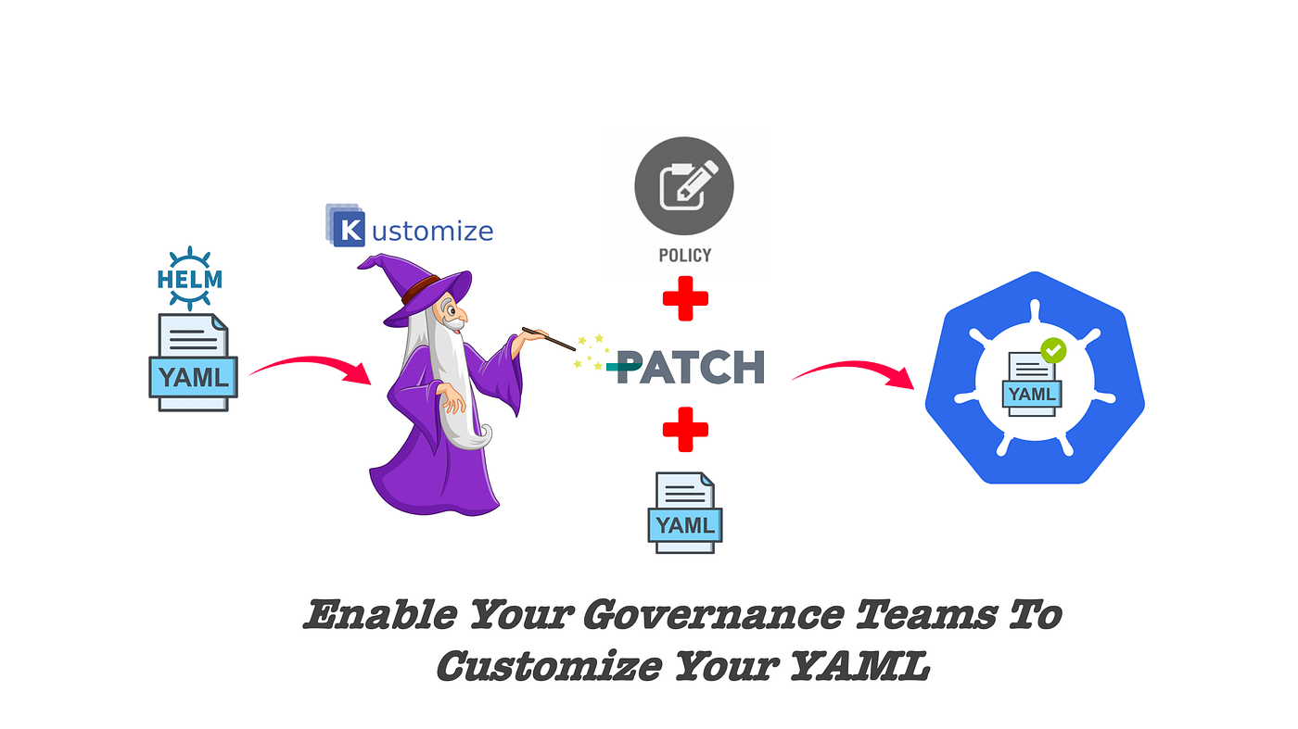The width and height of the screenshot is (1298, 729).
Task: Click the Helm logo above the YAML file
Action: [x=190, y=278]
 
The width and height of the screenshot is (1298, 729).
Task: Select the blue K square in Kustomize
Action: [x=348, y=230]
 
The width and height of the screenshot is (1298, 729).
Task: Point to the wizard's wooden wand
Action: [x=549, y=339]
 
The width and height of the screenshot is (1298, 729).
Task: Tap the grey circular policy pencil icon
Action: [x=684, y=188]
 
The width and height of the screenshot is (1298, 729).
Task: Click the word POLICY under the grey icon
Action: [x=685, y=255]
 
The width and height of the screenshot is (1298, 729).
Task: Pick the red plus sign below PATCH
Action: [x=685, y=430]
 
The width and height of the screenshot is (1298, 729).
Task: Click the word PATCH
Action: [x=691, y=368]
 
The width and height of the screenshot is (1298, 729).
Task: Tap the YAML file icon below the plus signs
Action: [x=684, y=512]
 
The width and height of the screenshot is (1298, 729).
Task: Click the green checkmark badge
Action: [x=1053, y=351]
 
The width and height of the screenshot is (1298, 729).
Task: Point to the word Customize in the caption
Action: [x=549, y=665]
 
